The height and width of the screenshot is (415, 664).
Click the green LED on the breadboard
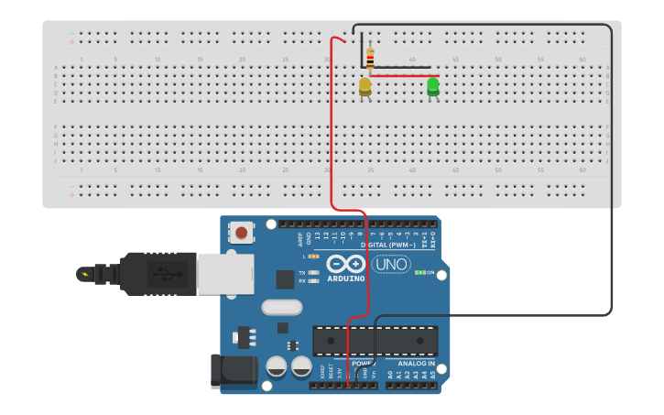[433, 86]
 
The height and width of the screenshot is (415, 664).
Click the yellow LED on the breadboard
[365, 86]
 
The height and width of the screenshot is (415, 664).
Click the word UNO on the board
[390, 266]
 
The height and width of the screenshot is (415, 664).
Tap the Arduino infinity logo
[345, 265]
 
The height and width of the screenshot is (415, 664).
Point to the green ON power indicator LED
[419, 272]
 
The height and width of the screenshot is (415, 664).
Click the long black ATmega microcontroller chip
[376, 340]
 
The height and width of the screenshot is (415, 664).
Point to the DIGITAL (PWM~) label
[388, 245]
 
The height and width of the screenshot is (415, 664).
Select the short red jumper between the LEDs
[404, 76]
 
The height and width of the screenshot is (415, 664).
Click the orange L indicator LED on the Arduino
[314, 256]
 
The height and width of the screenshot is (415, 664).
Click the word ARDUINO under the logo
[345, 278]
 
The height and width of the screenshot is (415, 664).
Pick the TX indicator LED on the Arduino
[314, 272]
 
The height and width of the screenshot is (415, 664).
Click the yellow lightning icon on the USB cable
[86, 273]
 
